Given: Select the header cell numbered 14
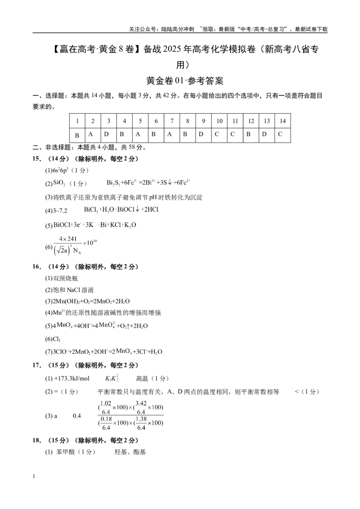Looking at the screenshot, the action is coord(282,121).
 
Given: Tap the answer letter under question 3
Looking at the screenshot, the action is coord(106,134).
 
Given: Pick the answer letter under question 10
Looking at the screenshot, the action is coord(217,134).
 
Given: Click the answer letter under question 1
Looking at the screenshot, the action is coord(77,135).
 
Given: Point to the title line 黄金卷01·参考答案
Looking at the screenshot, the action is coord(185,80).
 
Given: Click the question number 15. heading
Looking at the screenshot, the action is coord(37,159).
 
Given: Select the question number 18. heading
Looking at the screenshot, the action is coord(37,440).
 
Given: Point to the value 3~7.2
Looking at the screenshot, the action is coord(60,211).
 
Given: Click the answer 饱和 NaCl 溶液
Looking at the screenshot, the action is coord(73,290).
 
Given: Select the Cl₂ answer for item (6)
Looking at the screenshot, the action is coord(57,339).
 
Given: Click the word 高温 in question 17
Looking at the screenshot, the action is coord(142,379).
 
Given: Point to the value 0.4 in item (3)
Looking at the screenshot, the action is coord(76,416).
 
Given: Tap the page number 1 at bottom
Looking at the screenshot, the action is coord(34,476).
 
